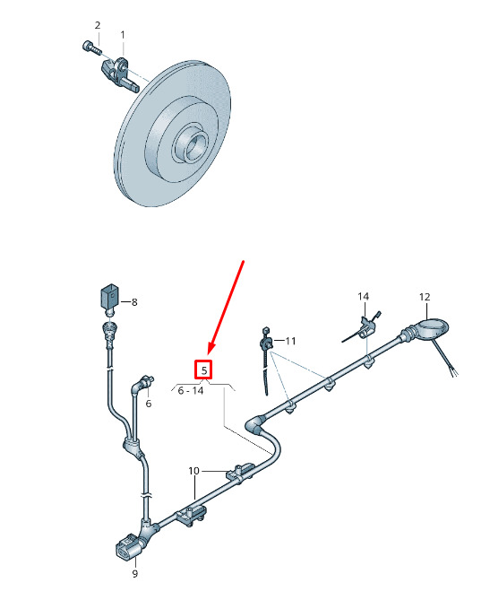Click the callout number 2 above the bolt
point(98,25)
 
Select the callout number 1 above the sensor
point(123,35)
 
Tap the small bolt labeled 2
point(91,48)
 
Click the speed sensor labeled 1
point(119,74)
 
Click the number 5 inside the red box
point(204,370)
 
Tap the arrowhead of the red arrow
point(211,347)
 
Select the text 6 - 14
point(190,391)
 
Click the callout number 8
point(134,302)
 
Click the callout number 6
point(149,404)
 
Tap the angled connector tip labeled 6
point(146,381)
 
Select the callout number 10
point(193,471)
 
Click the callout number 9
point(135,574)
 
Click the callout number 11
point(290,341)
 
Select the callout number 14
point(363,296)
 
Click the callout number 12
point(425,297)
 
